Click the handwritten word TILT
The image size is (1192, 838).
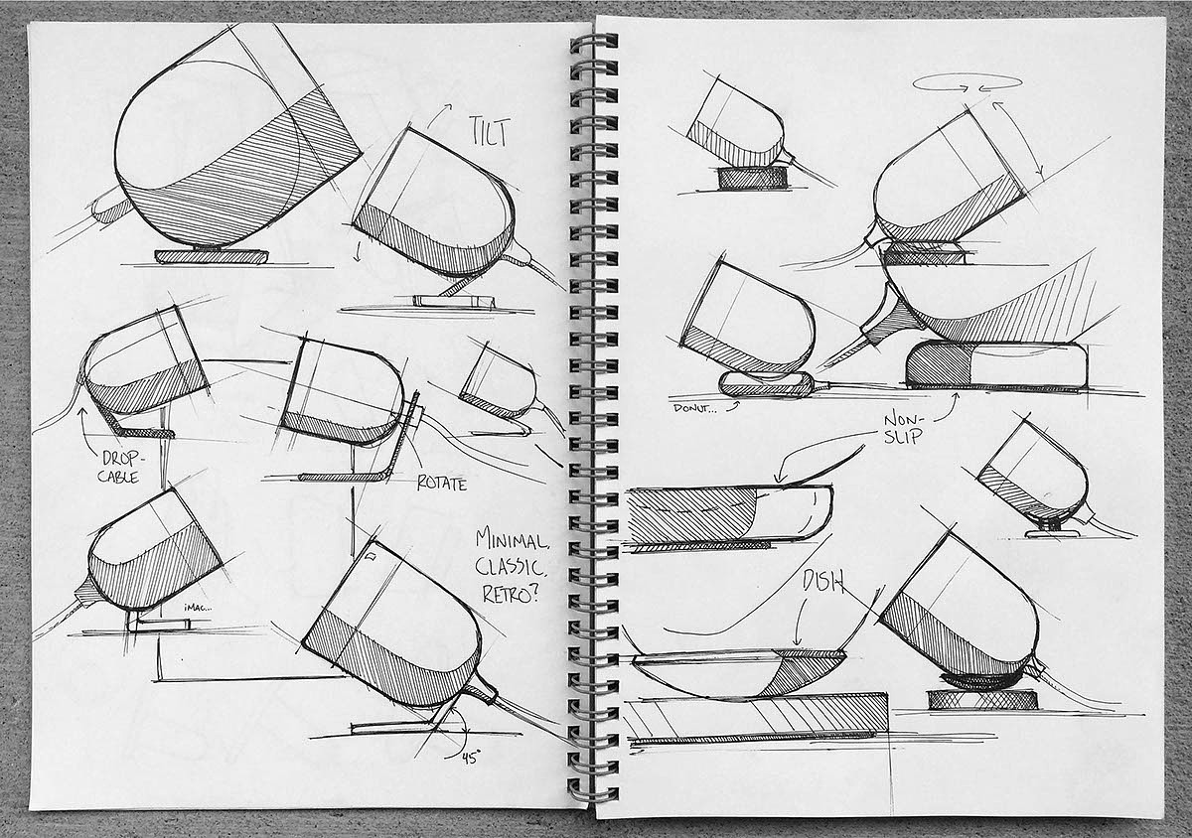click(490, 132)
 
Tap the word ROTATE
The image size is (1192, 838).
click(442, 483)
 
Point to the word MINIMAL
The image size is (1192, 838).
click(513, 540)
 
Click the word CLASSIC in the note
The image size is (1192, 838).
click(510, 567)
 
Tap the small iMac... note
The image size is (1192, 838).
click(198, 607)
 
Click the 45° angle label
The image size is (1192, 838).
click(471, 759)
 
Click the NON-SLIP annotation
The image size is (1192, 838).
click(903, 429)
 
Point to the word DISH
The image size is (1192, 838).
click(823, 584)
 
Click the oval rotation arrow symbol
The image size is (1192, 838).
click(968, 83)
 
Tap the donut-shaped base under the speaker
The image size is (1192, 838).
click(767, 384)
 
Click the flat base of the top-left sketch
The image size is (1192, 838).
click(211, 256)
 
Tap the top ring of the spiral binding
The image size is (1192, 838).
click(594, 42)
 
